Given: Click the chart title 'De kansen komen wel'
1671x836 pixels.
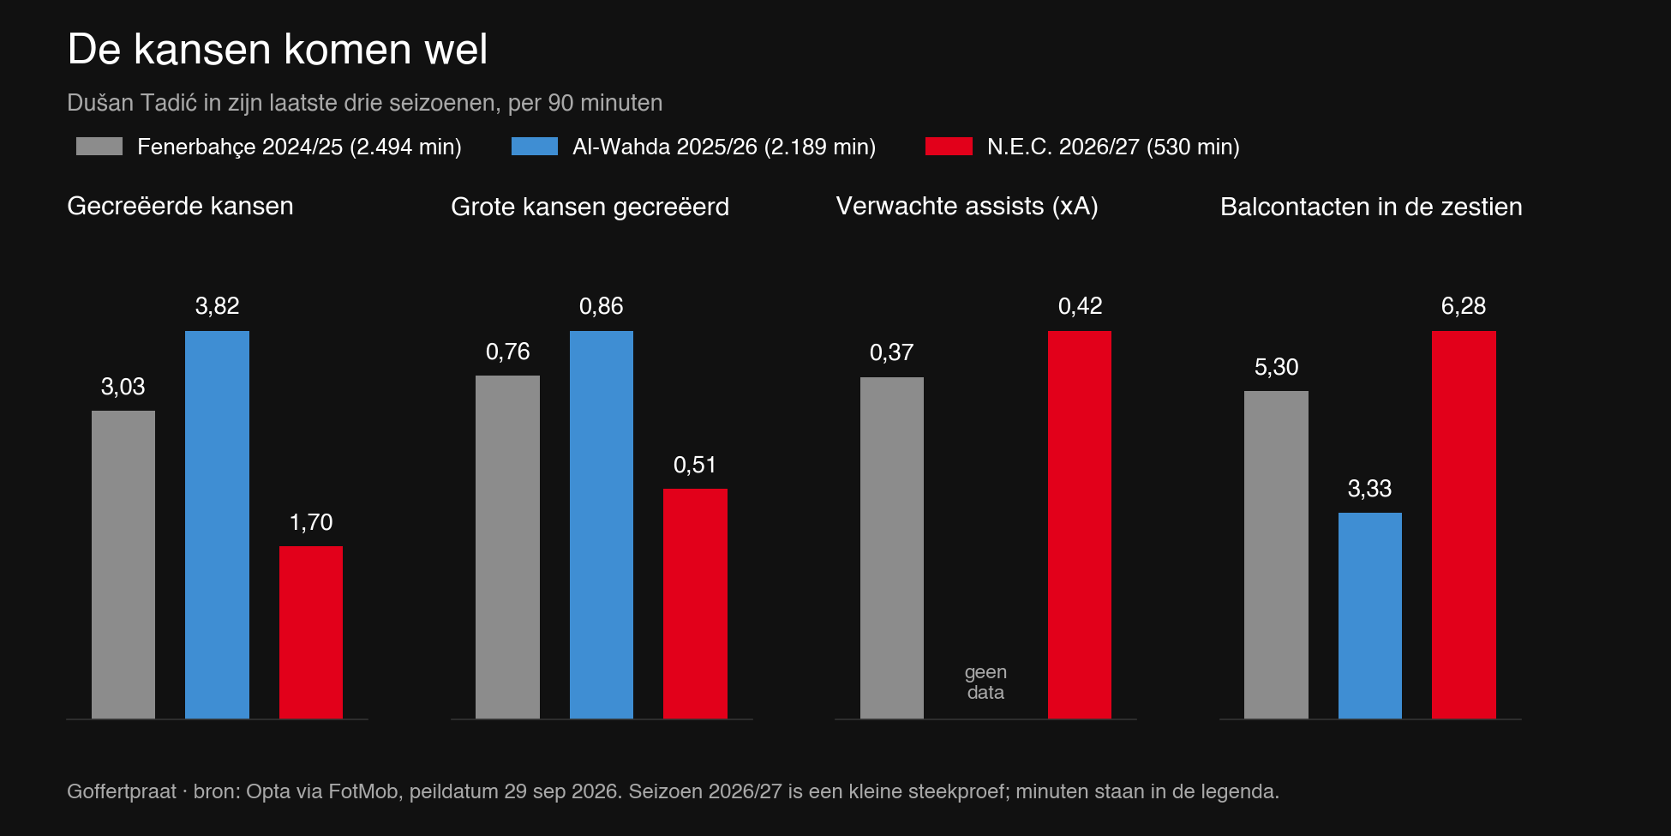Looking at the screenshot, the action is [278, 49].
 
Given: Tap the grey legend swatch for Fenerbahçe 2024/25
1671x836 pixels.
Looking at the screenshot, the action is [99, 147].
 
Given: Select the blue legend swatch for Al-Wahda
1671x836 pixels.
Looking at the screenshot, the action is [535, 147].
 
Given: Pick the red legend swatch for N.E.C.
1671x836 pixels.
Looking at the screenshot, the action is [949, 147].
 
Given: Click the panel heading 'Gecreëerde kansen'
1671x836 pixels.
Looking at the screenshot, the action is [180, 206].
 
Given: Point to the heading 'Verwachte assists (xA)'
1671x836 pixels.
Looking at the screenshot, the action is [967, 206].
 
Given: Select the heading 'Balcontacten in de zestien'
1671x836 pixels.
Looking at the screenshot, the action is [1371, 207].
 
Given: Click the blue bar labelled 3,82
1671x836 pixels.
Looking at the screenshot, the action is [217, 525].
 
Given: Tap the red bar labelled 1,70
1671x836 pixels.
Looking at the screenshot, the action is [311, 632].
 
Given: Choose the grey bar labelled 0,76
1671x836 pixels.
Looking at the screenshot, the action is [507, 547].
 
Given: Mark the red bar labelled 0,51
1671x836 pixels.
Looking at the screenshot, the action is [695, 604].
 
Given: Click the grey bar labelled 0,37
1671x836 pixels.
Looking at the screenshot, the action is [892, 548].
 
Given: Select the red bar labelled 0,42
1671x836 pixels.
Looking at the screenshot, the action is [1080, 525].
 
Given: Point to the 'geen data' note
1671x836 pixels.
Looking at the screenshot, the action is [985, 683].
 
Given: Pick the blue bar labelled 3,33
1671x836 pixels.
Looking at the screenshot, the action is [1370, 616].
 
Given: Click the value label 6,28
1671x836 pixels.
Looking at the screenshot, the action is [1464, 306].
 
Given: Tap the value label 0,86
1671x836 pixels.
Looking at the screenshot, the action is [602, 306].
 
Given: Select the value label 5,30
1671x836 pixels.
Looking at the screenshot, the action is [1277, 367].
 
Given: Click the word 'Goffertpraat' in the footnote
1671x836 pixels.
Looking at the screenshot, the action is [122, 791].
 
